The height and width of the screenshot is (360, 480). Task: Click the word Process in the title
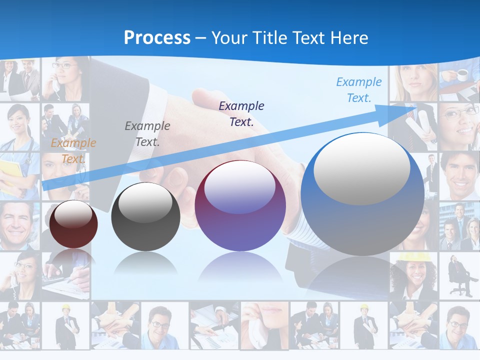click(x=157, y=37)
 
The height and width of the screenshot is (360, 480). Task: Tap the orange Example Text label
click(x=73, y=150)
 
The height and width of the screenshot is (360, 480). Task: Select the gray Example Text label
click(x=147, y=133)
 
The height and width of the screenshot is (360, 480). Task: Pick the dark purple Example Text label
click(x=241, y=113)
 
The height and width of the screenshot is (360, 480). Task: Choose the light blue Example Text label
click(x=358, y=89)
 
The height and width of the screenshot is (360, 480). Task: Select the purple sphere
click(x=240, y=206)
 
